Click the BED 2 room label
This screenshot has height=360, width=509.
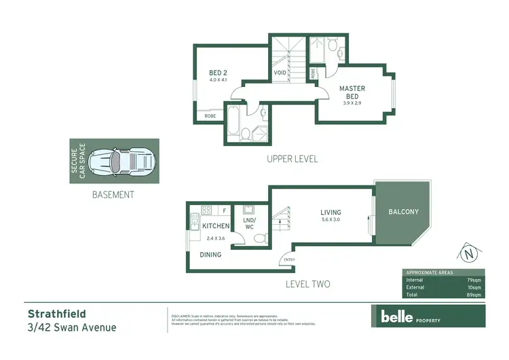(x=218, y=73)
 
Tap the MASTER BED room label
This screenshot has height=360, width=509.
(x=352, y=92)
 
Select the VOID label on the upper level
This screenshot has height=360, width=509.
(x=280, y=73)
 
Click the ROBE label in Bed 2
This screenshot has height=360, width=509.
(x=210, y=116)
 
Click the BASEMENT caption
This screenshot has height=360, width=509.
(x=113, y=194)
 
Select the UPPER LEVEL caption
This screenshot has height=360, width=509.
(x=293, y=159)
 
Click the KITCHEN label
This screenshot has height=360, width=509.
(x=216, y=226)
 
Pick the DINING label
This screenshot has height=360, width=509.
(x=210, y=255)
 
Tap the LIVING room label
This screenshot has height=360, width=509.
(x=331, y=213)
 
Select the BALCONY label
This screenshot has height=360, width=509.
(x=403, y=212)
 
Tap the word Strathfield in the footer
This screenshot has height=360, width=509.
(x=57, y=314)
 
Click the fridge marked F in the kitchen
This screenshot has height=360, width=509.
(x=224, y=211)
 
